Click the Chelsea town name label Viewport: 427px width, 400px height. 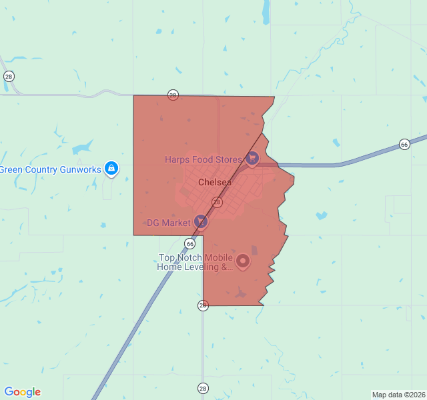pyautogui.click(x=215, y=182)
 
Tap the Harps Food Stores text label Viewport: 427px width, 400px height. pyautogui.click(x=204, y=159)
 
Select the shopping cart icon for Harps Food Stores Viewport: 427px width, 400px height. pyautogui.click(x=252, y=159)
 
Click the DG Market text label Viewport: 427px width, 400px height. pyautogui.click(x=168, y=223)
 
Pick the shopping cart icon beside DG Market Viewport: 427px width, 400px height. pyautogui.click(x=201, y=221)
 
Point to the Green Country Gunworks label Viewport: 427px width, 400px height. pyautogui.click(x=50, y=169)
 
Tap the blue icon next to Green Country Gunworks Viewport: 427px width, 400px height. pyautogui.click(x=112, y=169)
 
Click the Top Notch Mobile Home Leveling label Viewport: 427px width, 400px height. pyautogui.click(x=195, y=263)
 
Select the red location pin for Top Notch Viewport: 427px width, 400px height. pyautogui.click(x=243, y=261)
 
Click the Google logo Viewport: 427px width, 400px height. pyautogui.click(x=22, y=392)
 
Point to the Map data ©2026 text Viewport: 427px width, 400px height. pyautogui.click(x=398, y=395)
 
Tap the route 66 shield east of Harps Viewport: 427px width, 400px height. pyautogui.click(x=404, y=144)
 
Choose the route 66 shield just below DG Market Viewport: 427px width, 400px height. pyautogui.click(x=190, y=244)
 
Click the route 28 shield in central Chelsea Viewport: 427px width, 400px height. pyautogui.click(x=217, y=201)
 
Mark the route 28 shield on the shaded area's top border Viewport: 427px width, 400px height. pyautogui.click(x=173, y=95)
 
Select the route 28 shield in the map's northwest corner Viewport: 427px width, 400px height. pyautogui.click(x=9, y=77)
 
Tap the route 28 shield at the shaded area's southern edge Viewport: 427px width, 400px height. pyautogui.click(x=203, y=305)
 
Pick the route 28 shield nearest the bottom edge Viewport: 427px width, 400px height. pyautogui.click(x=203, y=388)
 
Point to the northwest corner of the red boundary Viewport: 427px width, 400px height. pyautogui.click(x=134, y=96)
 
